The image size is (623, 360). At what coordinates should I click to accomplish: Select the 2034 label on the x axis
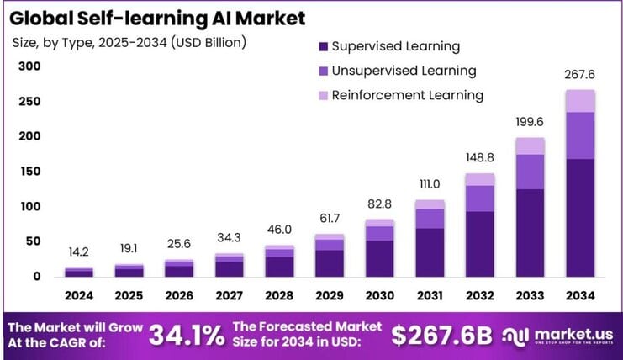point(579,296)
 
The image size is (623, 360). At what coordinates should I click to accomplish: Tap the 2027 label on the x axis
point(229,296)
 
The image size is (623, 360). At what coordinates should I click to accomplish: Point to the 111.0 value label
point(429,184)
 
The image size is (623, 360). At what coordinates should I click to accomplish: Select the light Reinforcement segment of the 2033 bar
point(530,146)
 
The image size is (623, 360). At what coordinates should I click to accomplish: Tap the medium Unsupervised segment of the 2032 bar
point(479,199)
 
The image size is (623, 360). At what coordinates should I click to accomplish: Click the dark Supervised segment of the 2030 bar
point(379,258)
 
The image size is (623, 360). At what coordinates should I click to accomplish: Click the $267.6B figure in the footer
point(442,336)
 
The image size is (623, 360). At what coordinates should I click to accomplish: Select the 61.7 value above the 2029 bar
point(329,219)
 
